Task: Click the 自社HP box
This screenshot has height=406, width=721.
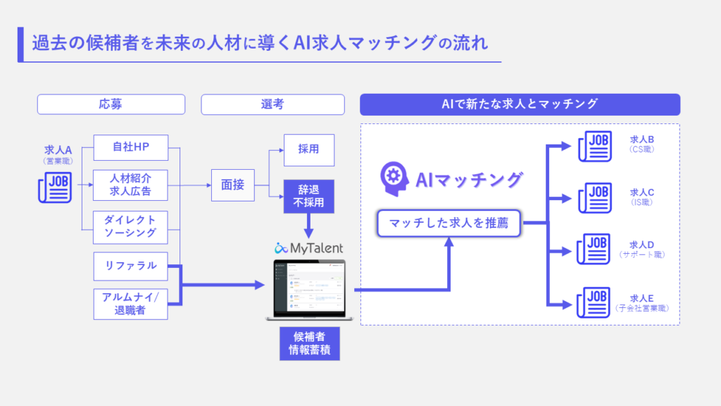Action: point(130,148)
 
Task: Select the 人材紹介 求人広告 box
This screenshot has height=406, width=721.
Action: point(130,185)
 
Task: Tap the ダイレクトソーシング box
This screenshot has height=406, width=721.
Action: point(130,226)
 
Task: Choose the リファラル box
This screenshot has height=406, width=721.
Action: point(130,266)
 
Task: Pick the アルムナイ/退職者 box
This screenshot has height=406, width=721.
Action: point(130,303)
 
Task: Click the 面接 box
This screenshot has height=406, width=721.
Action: point(232,185)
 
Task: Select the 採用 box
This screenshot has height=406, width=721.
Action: point(308,149)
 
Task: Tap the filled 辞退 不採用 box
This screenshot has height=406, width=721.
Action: point(308,197)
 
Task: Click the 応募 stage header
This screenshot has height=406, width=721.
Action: point(111,104)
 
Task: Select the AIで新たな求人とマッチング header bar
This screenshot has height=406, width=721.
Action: point(520,104)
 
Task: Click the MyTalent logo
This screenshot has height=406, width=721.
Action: point(309,247)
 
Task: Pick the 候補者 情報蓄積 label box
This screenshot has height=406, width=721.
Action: point(309,343)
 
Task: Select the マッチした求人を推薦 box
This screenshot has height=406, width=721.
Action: point(449,224)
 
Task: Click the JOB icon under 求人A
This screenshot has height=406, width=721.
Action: point(54,187)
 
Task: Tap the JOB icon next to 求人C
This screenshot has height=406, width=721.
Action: point(594,197)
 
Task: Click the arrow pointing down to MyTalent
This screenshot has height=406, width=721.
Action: point(308,226)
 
